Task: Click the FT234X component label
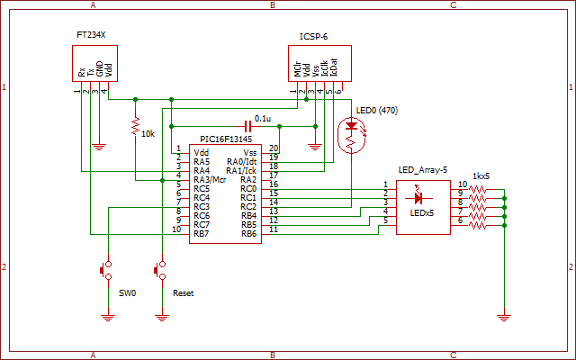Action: pyautogui.click(x=91, y=35)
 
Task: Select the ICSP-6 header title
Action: pyautogui.click(x=314, y=37)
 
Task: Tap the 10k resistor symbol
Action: pyautogui.click(x=136, y=126)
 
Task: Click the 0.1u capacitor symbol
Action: pyautogui.click(x=248, y=126)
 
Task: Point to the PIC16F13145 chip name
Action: pyautogui.click(x=226, y=139)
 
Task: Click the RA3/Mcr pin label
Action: pyautogui.click(x=210, y=180)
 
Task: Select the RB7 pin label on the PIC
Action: pyautogui.click(x=202, y=234)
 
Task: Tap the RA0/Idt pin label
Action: pyautogui.click(x=242, y=162)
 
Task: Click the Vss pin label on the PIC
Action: pyautogui.click(x=250, y=153)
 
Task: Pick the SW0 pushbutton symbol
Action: pyautogui.click(x=106, y=270)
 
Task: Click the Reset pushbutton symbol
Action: pyautogui.click(x=160, y=270)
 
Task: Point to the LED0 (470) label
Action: pyautogui.click(x=377, y=111)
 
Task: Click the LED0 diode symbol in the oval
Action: pyautogui.click(x=352, y=126)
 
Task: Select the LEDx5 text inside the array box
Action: pyautogui.click(x=422, y=213)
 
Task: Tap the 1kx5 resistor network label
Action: pyautogui.click(x=481, y=176)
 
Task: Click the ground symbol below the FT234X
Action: pyautogui.click(x=99, y=147)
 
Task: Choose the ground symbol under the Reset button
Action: pyautogui.click(x=162, y=318)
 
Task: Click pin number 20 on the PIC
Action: pyautogui.click(x=274, y=148)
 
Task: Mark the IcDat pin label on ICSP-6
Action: pyautogui.click(x=334, y=67)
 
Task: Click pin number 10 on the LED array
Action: pyautogui.click(x=463, y=184)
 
